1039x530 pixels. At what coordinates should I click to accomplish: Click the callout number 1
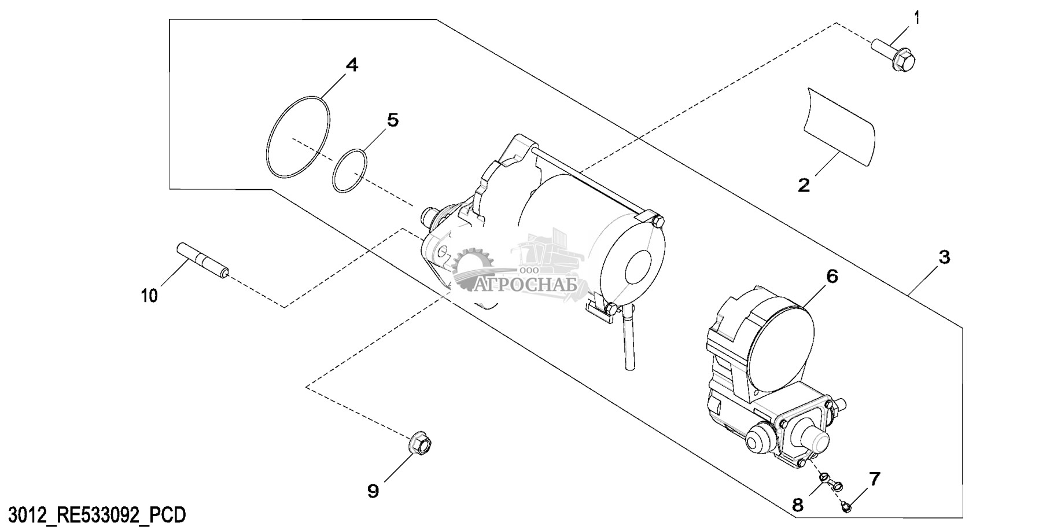[x=916, y=18]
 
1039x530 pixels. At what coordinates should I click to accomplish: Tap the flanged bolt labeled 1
[x=896, y=54]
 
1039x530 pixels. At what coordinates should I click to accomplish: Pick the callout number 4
[x=352, y=65]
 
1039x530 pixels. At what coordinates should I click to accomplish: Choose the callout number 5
[x=392, y=120]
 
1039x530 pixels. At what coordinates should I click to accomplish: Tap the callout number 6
[x=831, y=277]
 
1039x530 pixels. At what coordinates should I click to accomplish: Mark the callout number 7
[x=874, y=479]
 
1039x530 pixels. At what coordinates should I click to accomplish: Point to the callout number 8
[x=798, y=505]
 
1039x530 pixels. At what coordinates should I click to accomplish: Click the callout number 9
[x=374, y=491]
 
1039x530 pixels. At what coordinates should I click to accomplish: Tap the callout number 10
[x=149, y=296]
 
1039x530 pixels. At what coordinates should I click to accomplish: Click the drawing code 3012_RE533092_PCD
[x=95, y=514]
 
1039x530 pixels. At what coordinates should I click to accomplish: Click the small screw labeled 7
[x=846, y=507]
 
